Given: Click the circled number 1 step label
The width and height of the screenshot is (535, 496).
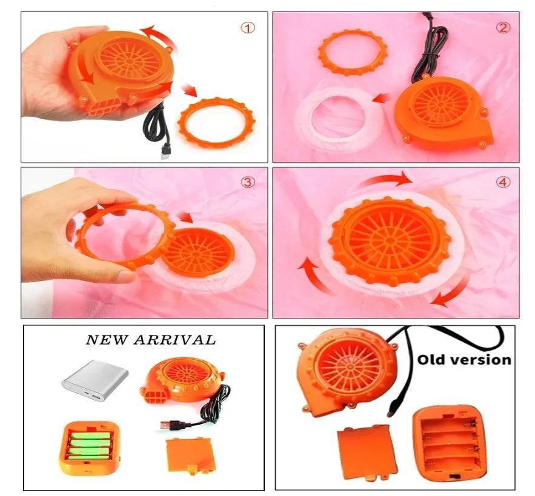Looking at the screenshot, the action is click(248, 28).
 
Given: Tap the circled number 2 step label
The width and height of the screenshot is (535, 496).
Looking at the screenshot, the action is click(503, 28).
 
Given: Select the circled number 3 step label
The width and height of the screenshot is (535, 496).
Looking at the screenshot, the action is click(248, 182).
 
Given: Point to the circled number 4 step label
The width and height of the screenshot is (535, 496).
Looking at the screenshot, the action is click(503, 182).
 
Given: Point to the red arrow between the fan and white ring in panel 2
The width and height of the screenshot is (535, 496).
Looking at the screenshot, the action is click(382, 99).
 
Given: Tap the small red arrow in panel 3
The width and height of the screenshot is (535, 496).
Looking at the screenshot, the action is click(186, 216).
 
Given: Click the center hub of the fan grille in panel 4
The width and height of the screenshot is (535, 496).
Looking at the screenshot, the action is click(390, 240).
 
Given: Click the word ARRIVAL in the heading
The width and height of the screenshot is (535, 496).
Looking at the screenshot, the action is click(174, 340).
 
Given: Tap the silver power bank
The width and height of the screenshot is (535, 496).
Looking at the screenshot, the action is click(95, 380).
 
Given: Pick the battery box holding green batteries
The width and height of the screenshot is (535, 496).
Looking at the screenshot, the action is click(90, 448).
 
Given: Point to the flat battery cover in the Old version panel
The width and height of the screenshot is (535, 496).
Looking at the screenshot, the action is click(366, 452).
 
